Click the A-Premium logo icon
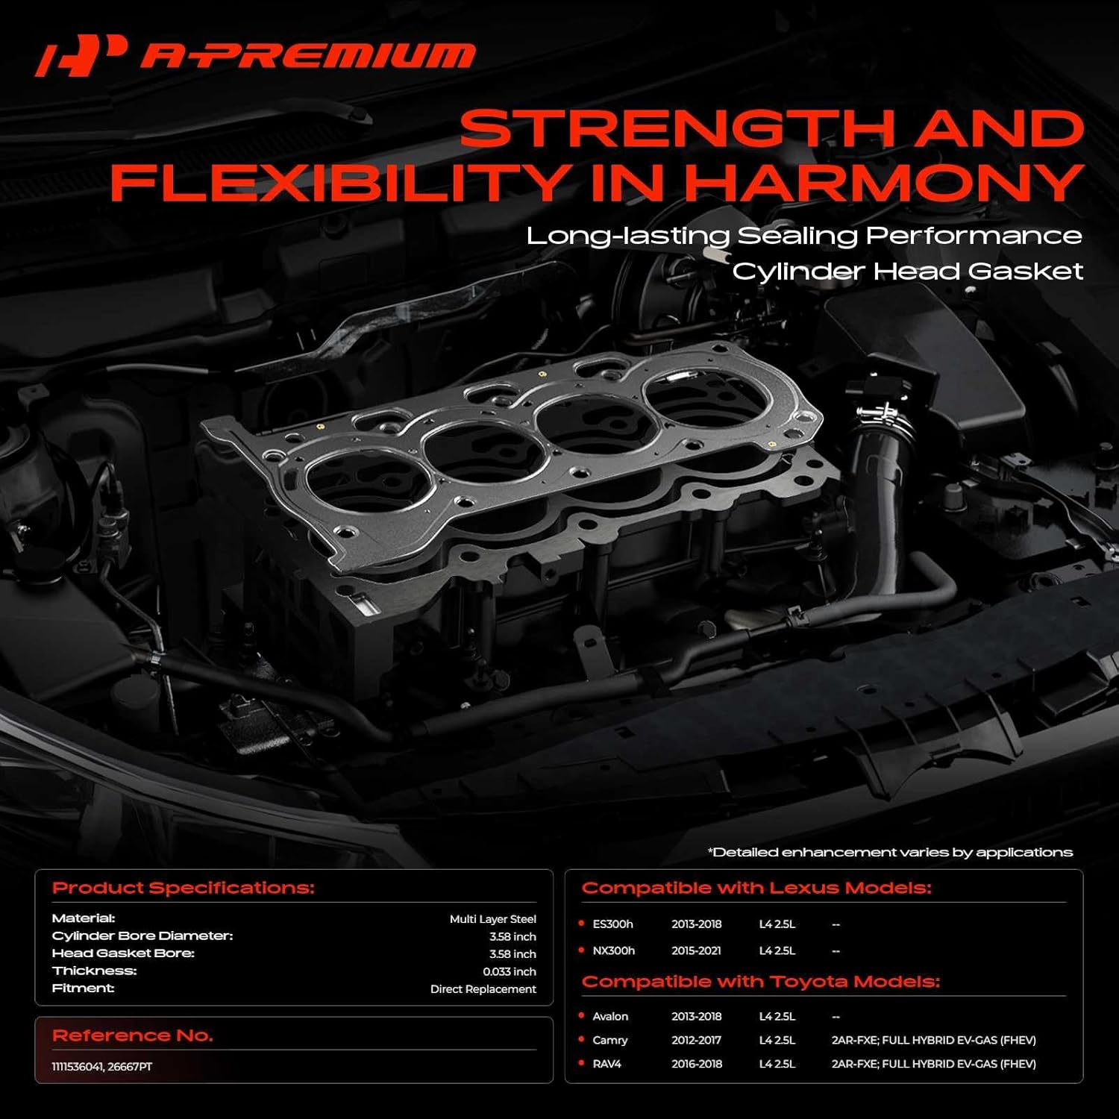81,55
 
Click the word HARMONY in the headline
884,183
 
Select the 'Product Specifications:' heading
184,888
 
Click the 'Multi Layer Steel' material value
492,919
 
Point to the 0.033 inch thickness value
509,971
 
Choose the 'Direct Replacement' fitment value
483,989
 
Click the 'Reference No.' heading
133,1035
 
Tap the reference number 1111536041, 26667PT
102,1067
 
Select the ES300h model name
612,924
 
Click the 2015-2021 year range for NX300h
696,950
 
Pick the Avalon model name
610,1016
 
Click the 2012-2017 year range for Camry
696,1040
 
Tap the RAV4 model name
606,1064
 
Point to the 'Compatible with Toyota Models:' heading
760,982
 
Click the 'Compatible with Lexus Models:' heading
756,888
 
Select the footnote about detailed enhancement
890,852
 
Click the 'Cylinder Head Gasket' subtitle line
907,271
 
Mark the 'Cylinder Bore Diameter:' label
142,935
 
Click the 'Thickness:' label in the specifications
95,971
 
